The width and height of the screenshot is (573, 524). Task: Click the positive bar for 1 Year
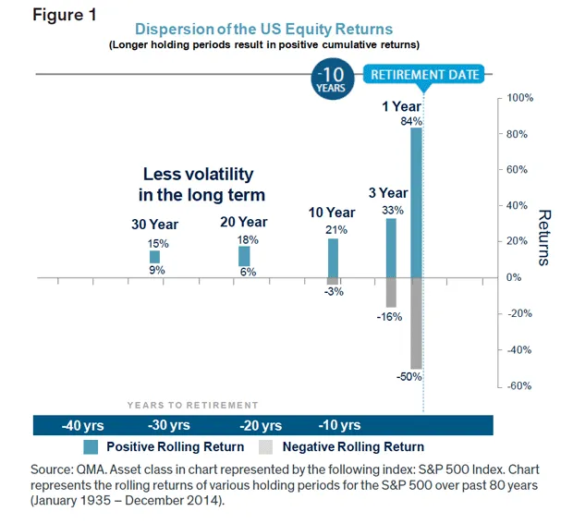click(x=416, y=201)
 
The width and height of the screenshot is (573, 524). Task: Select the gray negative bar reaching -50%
click(x=416, y=323)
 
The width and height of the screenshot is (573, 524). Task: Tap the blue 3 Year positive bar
click(x=391, y=247)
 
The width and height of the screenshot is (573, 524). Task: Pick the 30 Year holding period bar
click(x=154, y=256)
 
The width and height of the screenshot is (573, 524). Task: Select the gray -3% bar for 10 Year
click(x=333, y=281)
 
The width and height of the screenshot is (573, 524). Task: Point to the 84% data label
click(x=411, y=121)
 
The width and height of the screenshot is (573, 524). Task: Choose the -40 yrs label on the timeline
click(x=82, y=426)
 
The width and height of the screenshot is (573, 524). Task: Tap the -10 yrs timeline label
click(x=339, y=426)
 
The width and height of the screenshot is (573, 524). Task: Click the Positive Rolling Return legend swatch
click(x=91, y=447)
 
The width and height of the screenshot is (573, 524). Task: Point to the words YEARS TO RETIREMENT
click(x=192, y=405)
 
